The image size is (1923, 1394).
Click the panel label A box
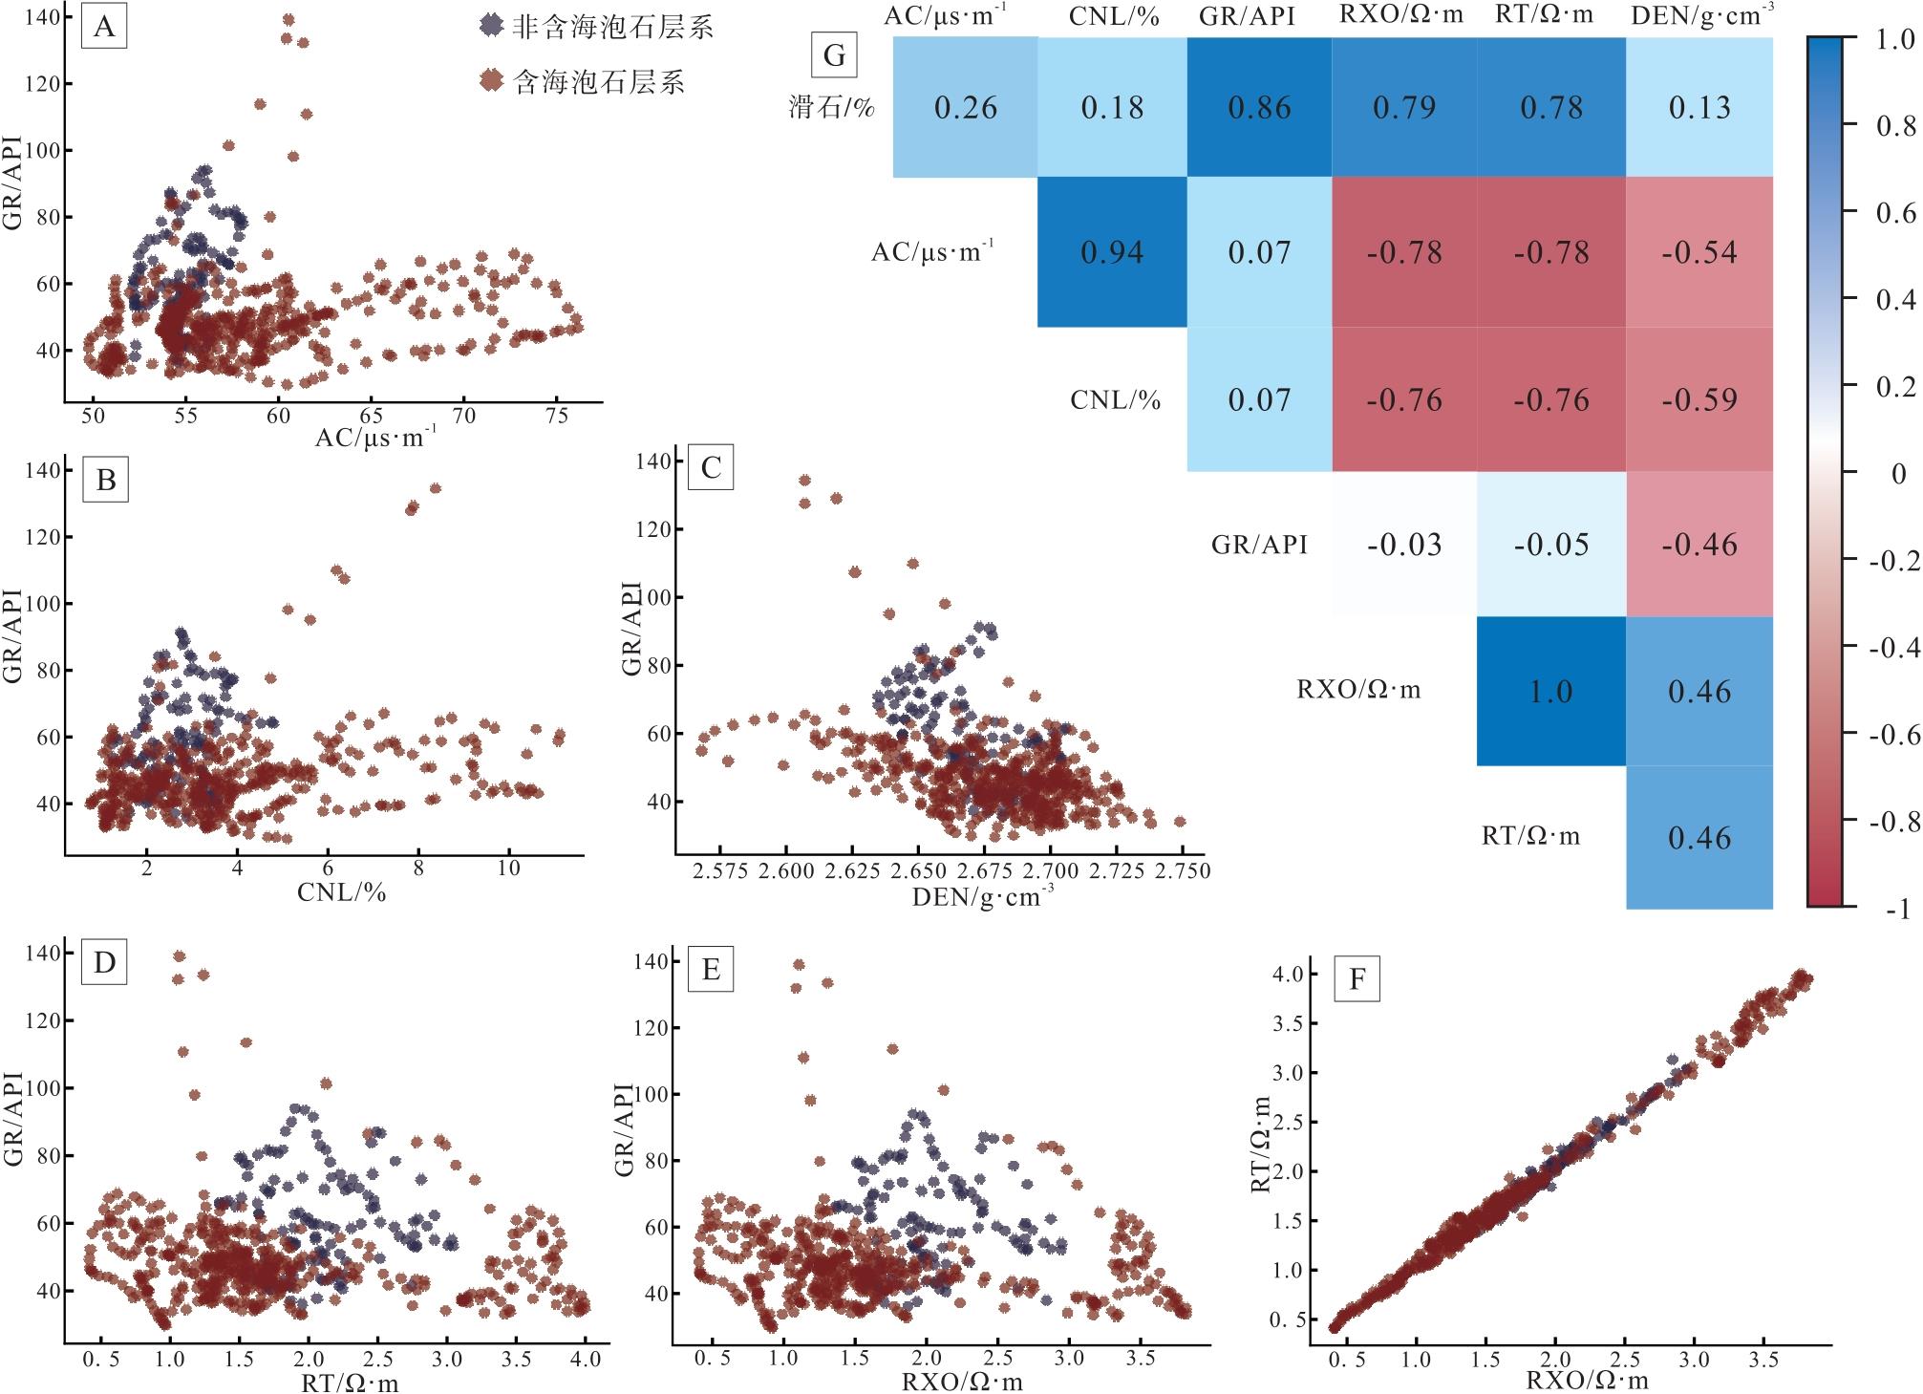pyautogui.click(x=104, y=28)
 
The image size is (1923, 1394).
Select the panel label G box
pyautogui.click(x=834, y=55)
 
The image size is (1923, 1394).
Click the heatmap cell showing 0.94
pyautogui.click(x=1112, y=252)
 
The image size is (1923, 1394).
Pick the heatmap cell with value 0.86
pyautogui.click(x=1259, y=107)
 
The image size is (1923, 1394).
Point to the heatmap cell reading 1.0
pyautogui.click(x=1550, y=691)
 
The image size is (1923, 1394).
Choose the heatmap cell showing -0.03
pyautogui.click(x=1403, y=545)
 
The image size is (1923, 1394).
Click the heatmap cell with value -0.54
pyautogui.click(x=1699, y=252)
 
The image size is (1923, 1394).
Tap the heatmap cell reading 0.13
pyautogui.click(x=1699, y=107)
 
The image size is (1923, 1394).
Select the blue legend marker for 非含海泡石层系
pyautogui.click(x=490, y=26)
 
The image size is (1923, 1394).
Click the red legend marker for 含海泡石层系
pyautogui.click(x=490, y=81)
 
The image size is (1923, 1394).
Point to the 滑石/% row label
pyautogui.click(x=831, y=106)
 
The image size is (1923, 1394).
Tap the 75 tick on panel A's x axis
pyautogui.click(x=557, y=417)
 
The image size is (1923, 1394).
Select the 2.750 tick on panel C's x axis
pyautogui.click(x=1182, y=870)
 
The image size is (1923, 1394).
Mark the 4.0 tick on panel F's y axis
pyautogui.click(x=1275, y=974)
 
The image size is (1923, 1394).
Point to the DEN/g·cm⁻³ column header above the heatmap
pyautogui.click(x=1699, y=14)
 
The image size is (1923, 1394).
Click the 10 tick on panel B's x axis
pyautogui.click(x=509, y=868)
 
